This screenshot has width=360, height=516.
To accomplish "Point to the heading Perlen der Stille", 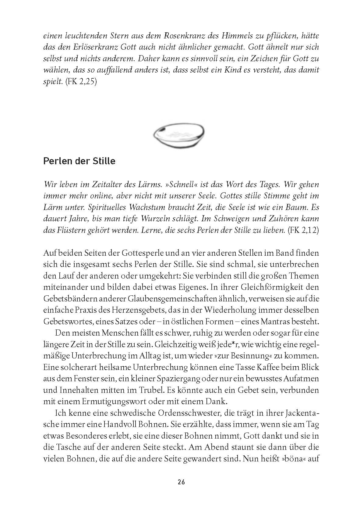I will (79, 161).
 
